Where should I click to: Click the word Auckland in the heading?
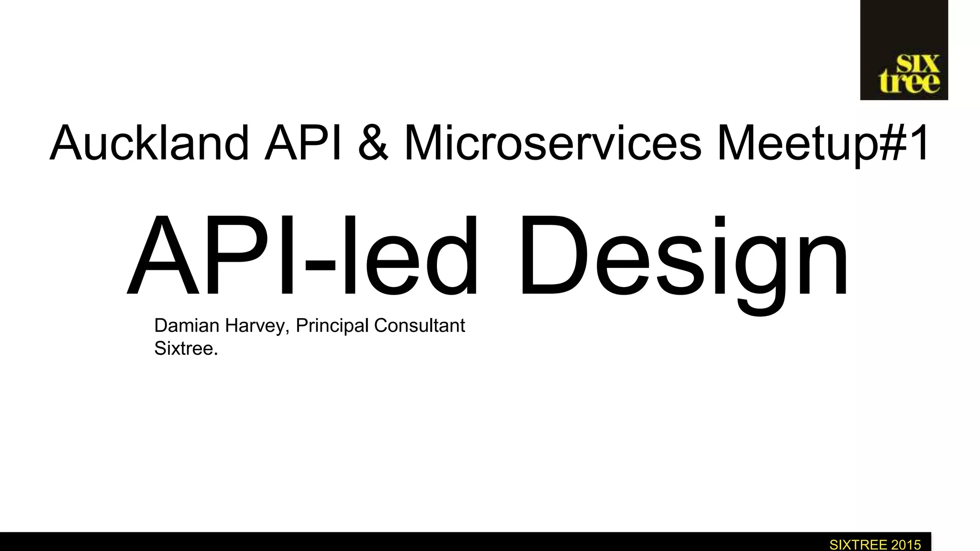pyautogui.click(x=149, y=143)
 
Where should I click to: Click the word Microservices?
pyautogui.click(x=553, y=143)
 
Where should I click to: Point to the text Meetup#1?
pyautogui.click(x=823, y=143)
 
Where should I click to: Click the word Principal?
pyautogui.click(x=332, y=326)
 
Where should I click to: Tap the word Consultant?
pyautogui.click(x=420, y=326)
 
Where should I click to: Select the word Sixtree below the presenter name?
pyautogui.click(x=183, y=349)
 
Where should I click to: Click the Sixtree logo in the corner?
pyautogui.click(x=904, y=50)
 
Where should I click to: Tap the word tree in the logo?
pyautogui.click(x=909, y=83)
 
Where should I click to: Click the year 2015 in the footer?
pyautogui.click(x=906, y=545)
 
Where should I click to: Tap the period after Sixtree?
pyautogui.click(x=216, y=354)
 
